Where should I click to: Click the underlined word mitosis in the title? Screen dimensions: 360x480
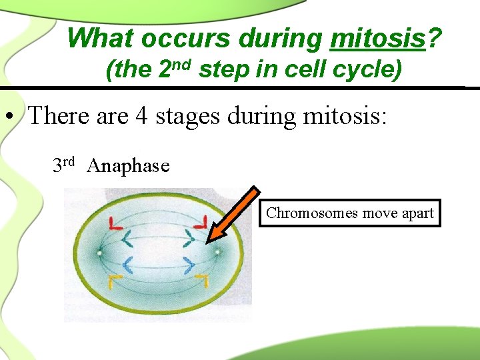[377, 39]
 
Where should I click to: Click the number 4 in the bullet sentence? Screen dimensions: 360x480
[142, 116]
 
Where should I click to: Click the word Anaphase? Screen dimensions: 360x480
[128, 165]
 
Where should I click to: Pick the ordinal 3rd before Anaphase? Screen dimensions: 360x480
[63, 163]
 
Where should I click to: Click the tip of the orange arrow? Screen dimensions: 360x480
[209, 241]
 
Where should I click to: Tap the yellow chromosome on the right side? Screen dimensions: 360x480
[200, 281]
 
